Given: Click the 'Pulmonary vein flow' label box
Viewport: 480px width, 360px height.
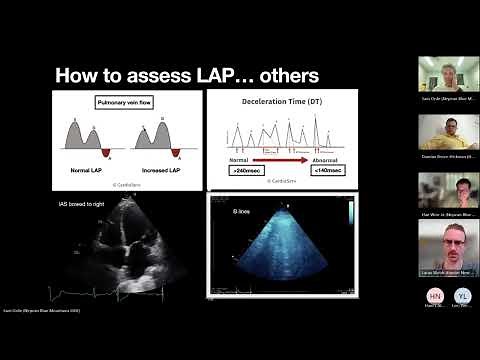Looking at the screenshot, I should click(124, 103).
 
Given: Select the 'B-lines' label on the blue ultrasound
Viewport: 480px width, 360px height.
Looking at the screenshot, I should click(242, 211).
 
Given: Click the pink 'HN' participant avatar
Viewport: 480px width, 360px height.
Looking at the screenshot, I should click(435, 296).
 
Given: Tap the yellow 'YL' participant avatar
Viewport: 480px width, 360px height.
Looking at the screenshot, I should click(461, 296).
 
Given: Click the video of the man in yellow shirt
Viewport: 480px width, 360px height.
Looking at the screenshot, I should click(445, 132).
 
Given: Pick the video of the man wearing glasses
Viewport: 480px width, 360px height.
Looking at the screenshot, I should click(445, 246).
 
